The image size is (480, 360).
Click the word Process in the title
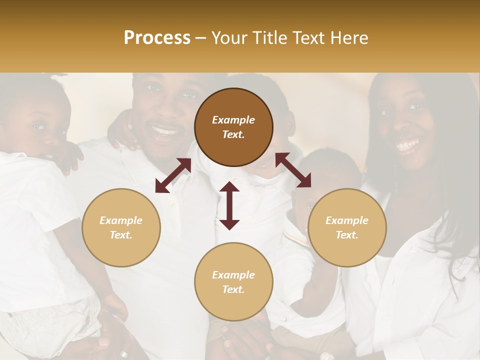point(157,38)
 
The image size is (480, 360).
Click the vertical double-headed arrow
point(229,205)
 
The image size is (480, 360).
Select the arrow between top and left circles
point(173,175)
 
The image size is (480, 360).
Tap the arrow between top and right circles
point(293,170)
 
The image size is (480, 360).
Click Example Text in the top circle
point(233,127)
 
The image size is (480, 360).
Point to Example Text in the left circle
point(121,227)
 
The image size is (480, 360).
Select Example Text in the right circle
point(347,227)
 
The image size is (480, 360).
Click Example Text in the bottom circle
point(233,282)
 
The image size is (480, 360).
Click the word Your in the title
point(229,38)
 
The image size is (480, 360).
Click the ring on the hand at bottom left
point(123,354)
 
